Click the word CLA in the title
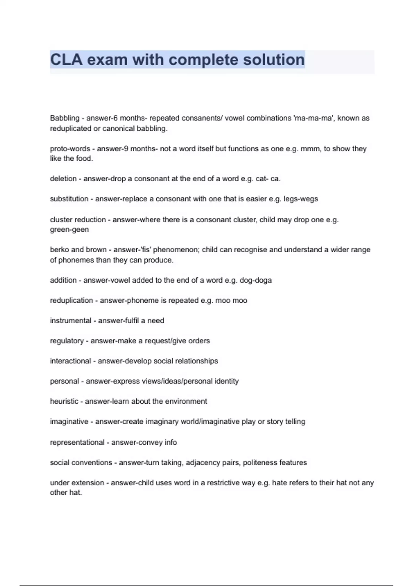66,60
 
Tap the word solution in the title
274,60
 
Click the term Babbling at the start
65,118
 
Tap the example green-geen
69,230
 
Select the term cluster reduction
78,220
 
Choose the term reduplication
71,301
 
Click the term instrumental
70,321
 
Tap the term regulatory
67,341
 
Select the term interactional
70,361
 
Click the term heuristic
64,401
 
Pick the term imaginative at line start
69,422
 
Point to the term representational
77,442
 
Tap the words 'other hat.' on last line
66,493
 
